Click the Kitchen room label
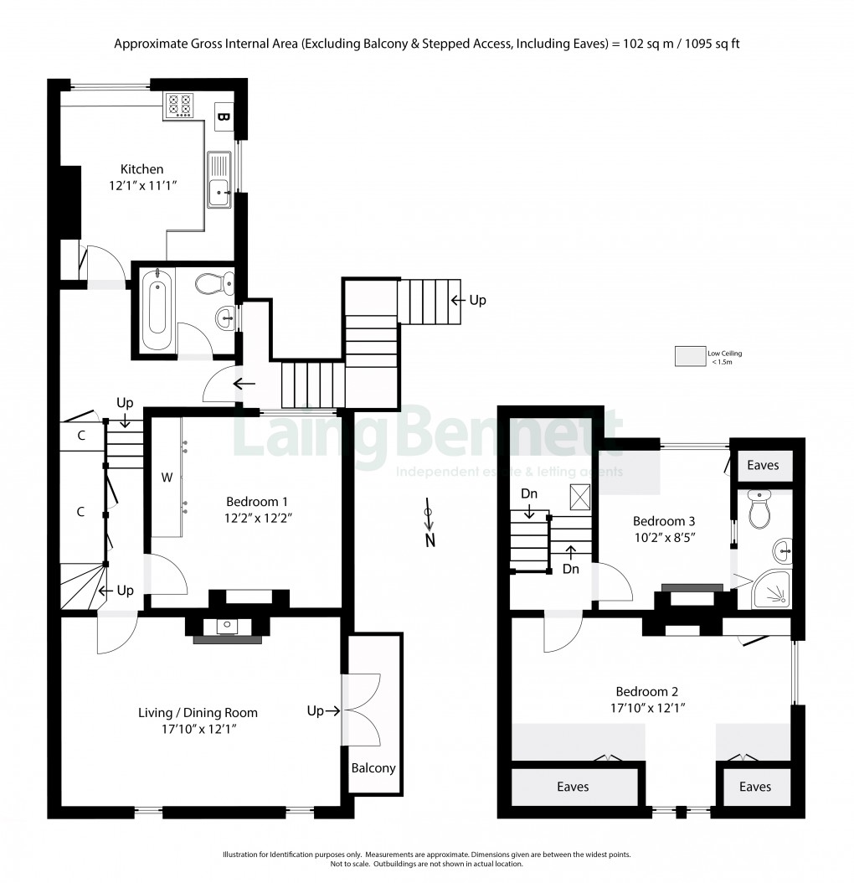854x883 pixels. (141, 169)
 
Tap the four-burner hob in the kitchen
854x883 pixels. (177, 105)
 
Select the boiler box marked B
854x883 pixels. (223, 116)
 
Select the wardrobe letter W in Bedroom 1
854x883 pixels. (167, 478)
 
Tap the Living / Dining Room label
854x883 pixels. (198, 713)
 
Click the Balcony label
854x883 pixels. (373, 768)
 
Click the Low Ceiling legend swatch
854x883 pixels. (691, 357)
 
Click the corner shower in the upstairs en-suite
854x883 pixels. (769, 592)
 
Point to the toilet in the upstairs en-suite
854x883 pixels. (759, 510)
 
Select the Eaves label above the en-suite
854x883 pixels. (763, 465)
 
